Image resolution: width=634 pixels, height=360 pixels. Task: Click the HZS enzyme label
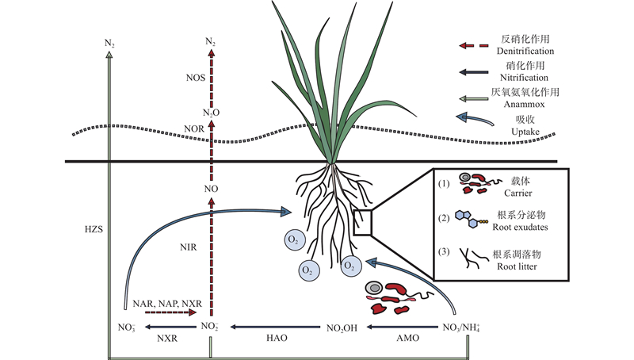pyautogui.click(x=93, y=230)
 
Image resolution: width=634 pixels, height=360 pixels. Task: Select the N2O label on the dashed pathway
pyautogui.click(x=210, y=113)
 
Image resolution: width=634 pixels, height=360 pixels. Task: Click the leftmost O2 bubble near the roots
pyautogui.click(x=292, y=239)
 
